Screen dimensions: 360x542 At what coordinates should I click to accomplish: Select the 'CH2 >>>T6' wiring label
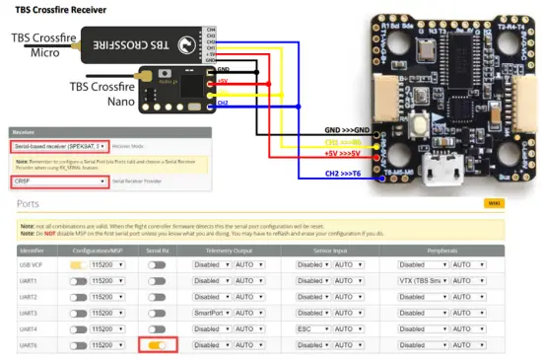pos(351,174)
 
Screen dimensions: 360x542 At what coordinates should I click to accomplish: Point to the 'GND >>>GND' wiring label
pos(347,129)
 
